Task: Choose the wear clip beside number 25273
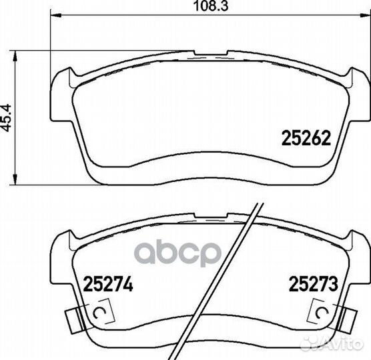tap(325, 314)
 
